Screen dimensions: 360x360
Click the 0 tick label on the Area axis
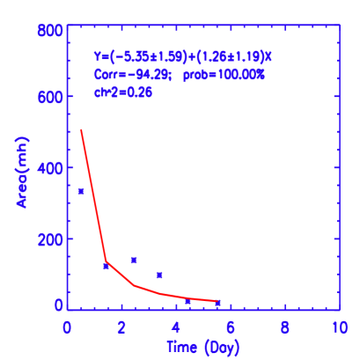(x=58, y=305)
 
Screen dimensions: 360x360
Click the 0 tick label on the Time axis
(x=67, y=327)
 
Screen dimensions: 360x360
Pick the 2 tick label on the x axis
(x=121, y=327)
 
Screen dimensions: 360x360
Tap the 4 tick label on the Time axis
(x=176, y=327)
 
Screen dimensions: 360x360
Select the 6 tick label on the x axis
(x=231, y=327)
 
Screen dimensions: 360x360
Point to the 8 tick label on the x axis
(x=285, y=327)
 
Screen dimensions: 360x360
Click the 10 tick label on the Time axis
(x=337, y=327)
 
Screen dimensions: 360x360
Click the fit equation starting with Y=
(x=183, y=56)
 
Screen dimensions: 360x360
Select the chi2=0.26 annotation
(x=123, y=93)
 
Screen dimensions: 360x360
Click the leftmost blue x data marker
(x=81, y=191)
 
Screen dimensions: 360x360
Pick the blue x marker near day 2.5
(x=134, y=260)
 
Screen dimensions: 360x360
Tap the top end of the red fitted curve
(x=81, y=130)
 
